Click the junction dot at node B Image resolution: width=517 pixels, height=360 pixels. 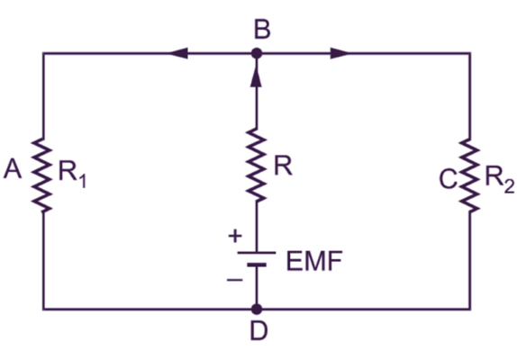pyautogui.click(x=257, y=54)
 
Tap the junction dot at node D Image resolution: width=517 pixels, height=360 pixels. pyautogui.click(x=257, y=309)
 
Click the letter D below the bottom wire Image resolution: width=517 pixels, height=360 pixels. pyautogui.click(x=258, y=333)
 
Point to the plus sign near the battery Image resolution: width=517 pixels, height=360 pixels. pyautogui.click(x=234, y=237)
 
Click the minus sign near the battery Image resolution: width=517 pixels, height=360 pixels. pyautogui.click(x=234, y=280)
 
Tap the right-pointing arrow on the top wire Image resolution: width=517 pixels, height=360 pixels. pyautogui.click(x=340, y=54)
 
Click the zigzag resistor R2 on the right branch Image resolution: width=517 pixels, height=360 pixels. pyautogui.click(x=469, y=175)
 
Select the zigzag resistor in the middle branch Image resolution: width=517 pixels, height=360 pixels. pyautogui.click(x=257, y=167)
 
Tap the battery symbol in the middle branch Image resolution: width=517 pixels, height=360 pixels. pyautogui.click(x=257, y=258)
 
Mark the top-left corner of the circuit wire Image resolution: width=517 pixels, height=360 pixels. pyautogui.click(x=43, y=54)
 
